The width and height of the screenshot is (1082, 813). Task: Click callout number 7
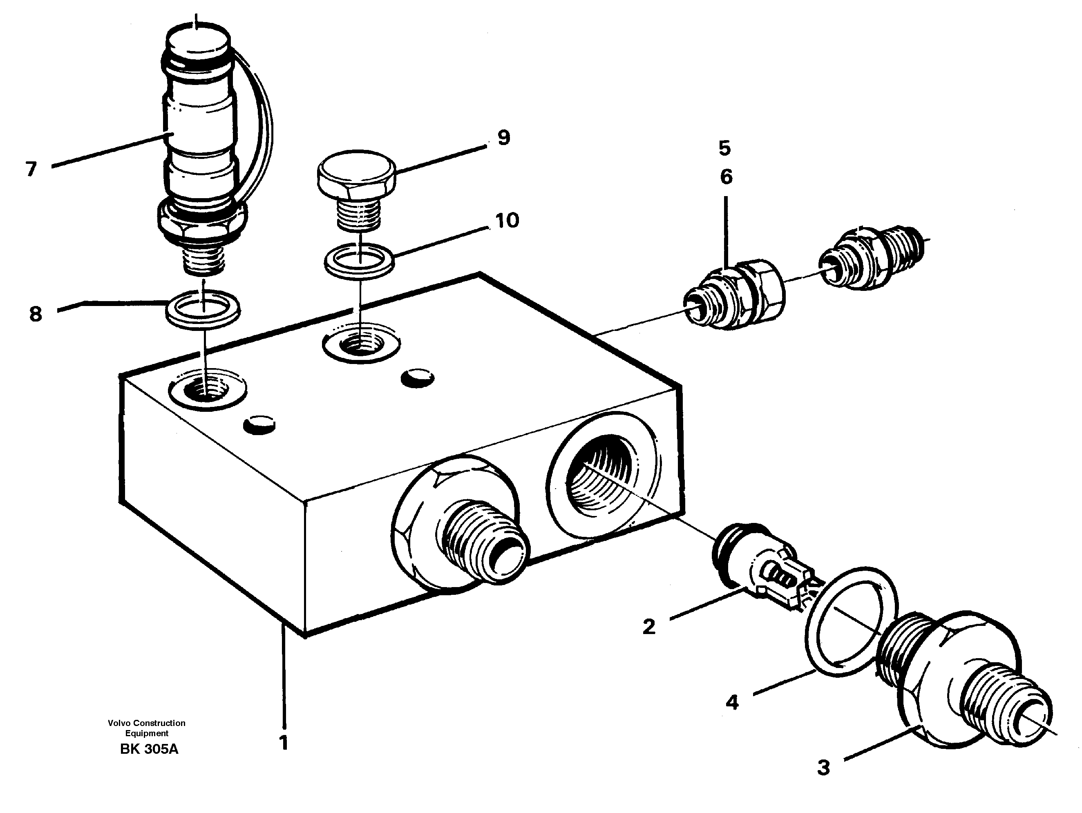(31, 169)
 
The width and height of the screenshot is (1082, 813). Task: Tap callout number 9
(503, 138)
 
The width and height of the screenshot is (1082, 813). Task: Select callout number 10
(507, 221)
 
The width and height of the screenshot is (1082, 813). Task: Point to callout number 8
(35, 314)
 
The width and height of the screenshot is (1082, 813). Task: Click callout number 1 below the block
(283, 743)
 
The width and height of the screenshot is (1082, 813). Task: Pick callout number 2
(648, 627)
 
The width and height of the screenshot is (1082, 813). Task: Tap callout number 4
(732, 702)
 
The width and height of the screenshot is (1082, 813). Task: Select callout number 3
(824, 768)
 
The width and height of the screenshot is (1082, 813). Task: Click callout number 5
(725, 148)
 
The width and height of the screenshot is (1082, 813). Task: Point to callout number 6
(726, 177)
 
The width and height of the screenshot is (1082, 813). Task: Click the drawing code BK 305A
(149, 749)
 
